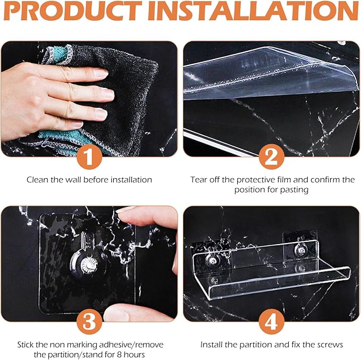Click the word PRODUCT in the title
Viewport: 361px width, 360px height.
[72, 11]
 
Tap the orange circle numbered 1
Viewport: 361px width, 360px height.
[89, 157]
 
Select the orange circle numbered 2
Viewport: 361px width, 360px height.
[272, 157]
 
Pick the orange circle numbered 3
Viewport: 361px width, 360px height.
[89, 322]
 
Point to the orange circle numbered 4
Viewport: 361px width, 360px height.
[272, 322]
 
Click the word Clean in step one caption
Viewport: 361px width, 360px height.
[38, 180]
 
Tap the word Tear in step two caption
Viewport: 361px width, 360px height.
[199, 180]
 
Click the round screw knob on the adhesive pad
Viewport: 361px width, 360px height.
[88, 265]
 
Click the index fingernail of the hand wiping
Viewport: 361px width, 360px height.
[100, 73]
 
